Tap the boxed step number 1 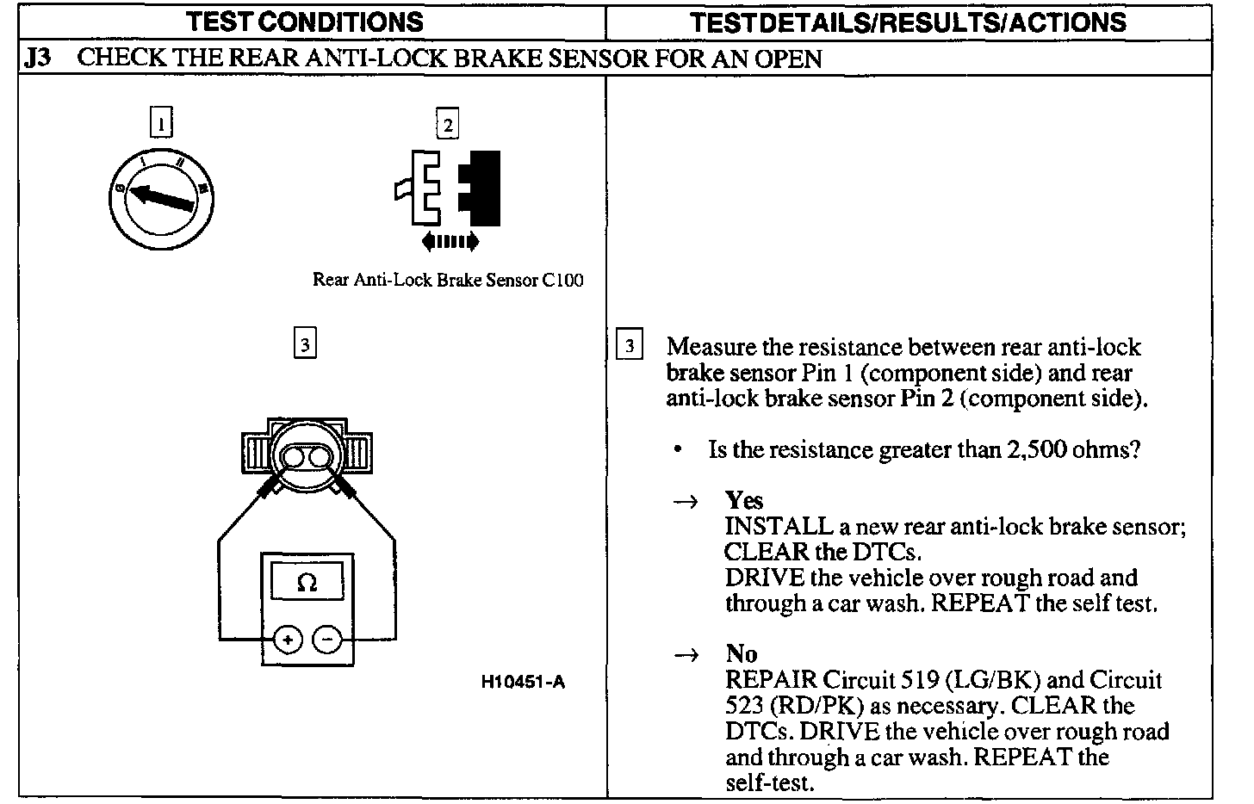pos(161,121)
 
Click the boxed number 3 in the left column pos(305,343)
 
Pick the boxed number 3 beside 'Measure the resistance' pos(630,346)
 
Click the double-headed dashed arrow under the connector pos(450,242)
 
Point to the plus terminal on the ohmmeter pos(288,640)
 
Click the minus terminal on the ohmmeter pos(326,640)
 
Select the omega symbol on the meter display pos(307,584)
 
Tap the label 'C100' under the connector pos(562,281)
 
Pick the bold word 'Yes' pos(743,500)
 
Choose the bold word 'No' pos(741,653)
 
